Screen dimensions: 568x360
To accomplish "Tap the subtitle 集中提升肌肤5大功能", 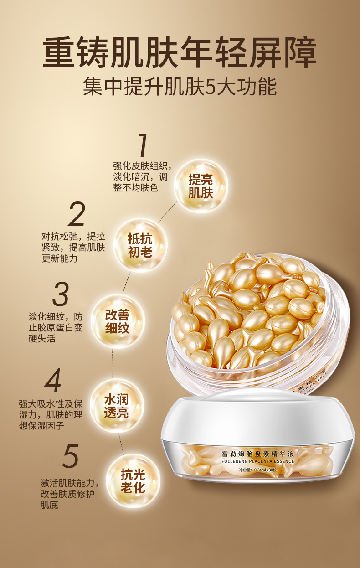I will (180, 87).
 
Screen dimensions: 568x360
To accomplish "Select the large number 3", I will (60, 294).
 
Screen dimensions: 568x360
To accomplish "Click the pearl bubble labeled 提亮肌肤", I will (201, 186).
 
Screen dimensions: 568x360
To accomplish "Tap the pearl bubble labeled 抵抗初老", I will (140, 245).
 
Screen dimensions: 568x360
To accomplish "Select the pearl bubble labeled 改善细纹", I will (117, 322).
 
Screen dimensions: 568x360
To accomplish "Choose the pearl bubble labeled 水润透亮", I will (117, 406).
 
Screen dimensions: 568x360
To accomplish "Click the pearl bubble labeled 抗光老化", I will (133, 481).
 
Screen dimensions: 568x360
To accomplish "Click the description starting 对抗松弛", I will (73, 248).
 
